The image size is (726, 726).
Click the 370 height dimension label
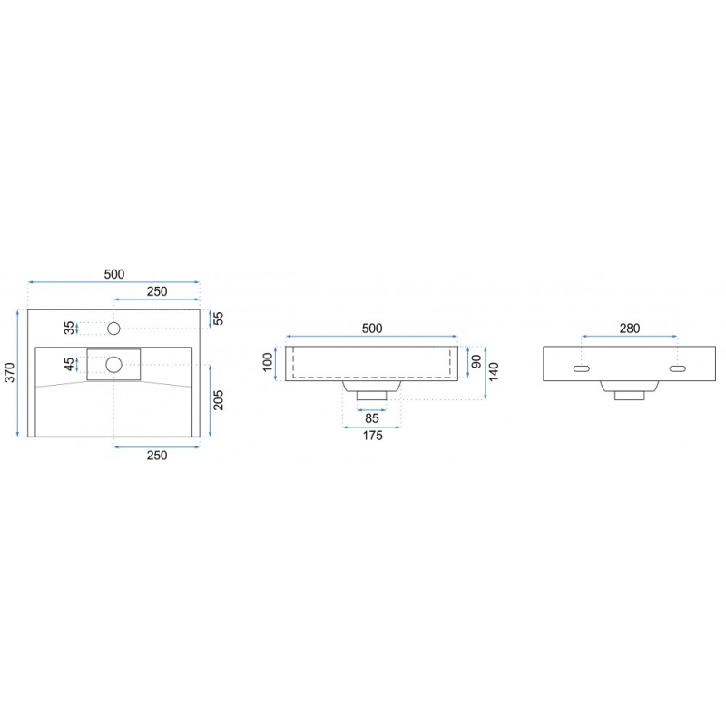10,373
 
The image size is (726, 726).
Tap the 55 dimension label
218,319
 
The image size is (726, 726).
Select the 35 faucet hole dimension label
69,328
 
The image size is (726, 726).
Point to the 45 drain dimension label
69,365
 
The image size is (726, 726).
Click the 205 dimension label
218,400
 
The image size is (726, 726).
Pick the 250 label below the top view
157,456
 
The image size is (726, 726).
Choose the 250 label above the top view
157,291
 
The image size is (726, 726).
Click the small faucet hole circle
113,329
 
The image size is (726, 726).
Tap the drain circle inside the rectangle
113,365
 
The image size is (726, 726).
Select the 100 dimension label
268,362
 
